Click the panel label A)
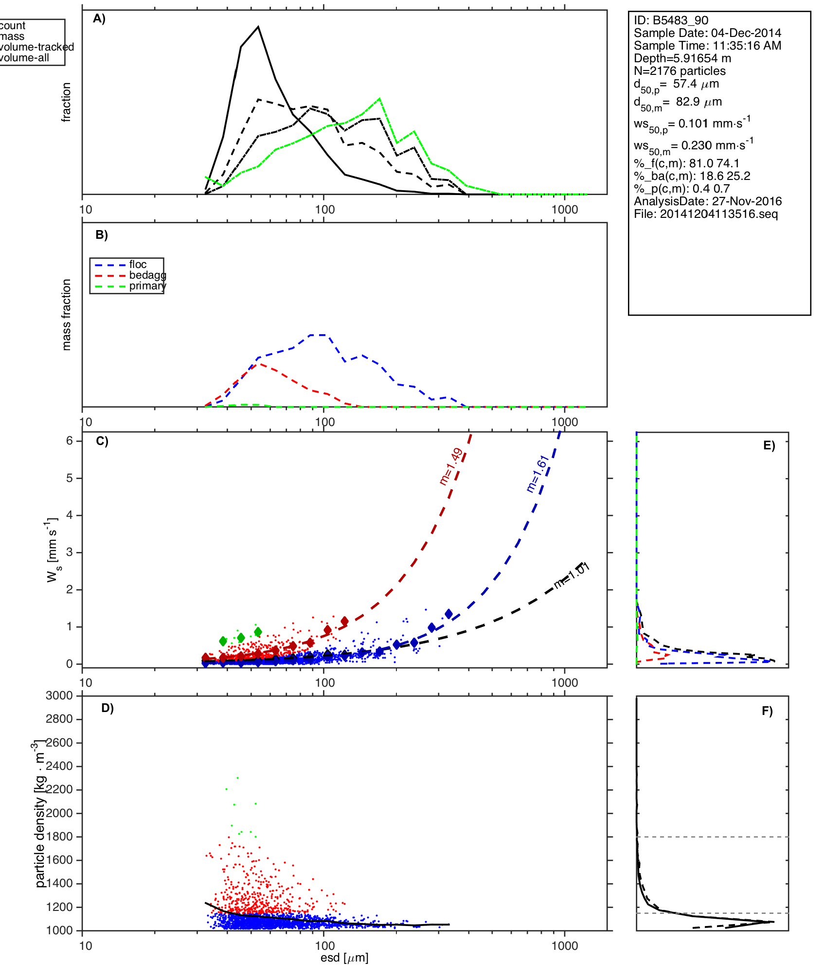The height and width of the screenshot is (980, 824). (x=99, y=19)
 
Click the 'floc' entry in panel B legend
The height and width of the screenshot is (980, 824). (x=138, y=265)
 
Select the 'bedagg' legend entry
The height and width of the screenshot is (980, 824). (x=147, y=275)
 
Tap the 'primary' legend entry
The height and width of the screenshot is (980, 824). (x=147, y=286)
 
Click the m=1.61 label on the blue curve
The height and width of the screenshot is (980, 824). (x=538, y=474)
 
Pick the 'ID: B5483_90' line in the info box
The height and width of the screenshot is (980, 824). (x=671, y=20)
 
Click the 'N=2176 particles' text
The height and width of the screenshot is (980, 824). (x=680, y=71)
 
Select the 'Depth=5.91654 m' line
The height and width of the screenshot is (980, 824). (x=682, y=58)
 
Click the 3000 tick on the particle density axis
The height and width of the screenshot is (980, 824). (x=59, y=696)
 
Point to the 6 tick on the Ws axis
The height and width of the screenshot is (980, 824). (x=70, y=441)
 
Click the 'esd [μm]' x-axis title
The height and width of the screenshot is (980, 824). (x=344, y=958)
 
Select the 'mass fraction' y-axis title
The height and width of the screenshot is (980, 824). (x=67, y=315)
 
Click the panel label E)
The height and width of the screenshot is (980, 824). (x=769, y=446)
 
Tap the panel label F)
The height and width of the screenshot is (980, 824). (x=767, y=711)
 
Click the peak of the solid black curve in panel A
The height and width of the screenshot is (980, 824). (x=258, y=27)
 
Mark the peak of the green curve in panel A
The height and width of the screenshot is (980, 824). (x=379, y=99)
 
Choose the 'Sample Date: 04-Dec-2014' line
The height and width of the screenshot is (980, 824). (x=707, y=33)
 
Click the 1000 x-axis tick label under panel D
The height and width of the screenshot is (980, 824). (x=565, y=946)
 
